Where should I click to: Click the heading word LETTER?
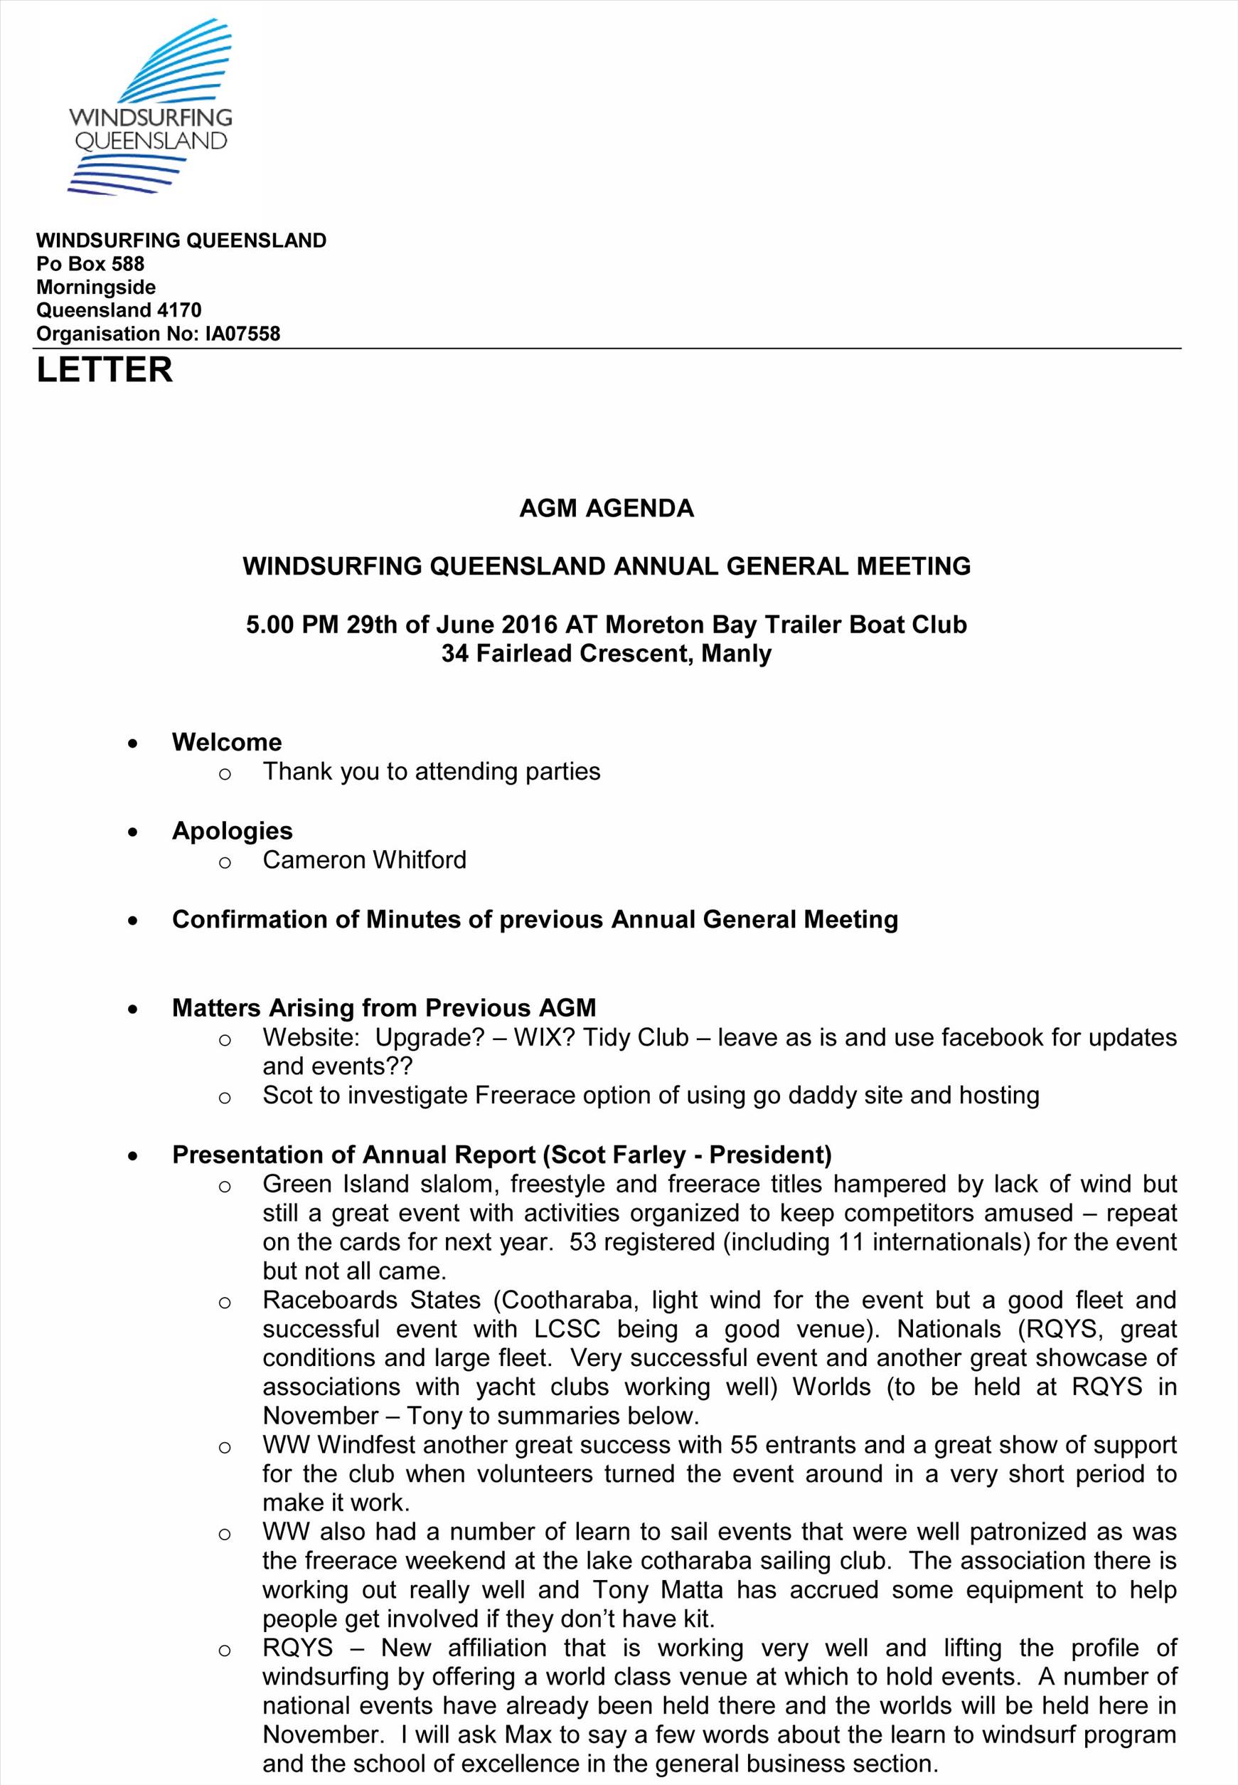[104, 369]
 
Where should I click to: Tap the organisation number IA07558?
[242, 334]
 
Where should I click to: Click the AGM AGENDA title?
[606, 509]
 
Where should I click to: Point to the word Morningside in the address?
[95, 287]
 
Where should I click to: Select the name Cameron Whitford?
[364, 860]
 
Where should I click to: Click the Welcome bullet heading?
[227, 742]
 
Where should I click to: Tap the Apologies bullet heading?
[232, 830]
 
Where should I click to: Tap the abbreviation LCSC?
[566, 1329]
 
